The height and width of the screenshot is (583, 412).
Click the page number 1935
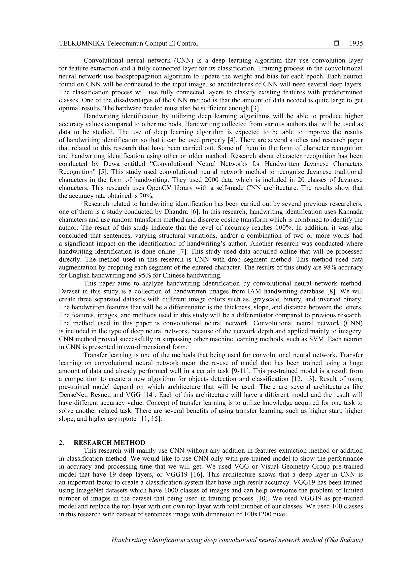click(x=356, y=44)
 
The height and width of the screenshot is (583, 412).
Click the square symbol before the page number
click(x=337, y=43)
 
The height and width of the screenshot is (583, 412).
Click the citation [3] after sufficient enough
click(x=256, y=108)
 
